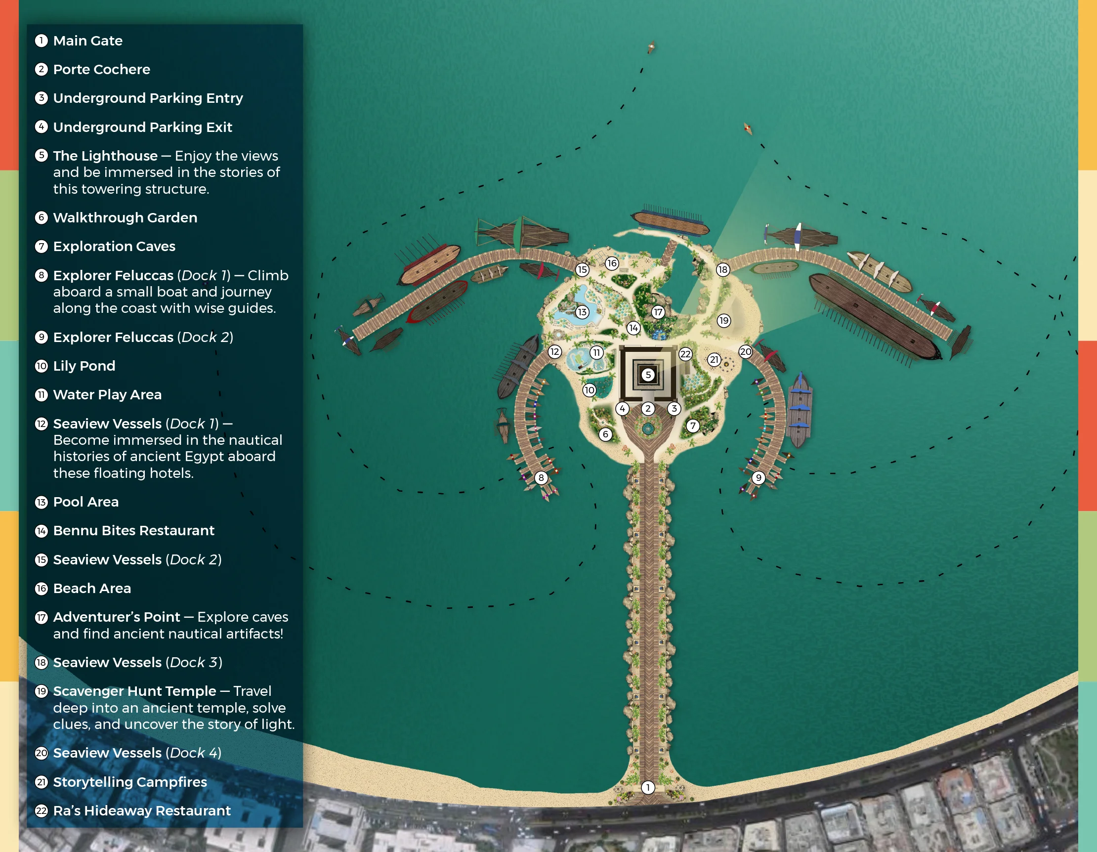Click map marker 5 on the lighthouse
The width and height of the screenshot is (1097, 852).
648,374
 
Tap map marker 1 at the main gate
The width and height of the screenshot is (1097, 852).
648,787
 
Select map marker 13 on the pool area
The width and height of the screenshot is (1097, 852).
582,312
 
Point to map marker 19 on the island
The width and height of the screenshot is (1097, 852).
723,321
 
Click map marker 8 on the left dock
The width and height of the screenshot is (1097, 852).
541,478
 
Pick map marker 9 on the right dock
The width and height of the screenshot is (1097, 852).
759,478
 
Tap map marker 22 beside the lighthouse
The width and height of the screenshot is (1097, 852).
685,354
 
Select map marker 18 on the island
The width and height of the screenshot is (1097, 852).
722,270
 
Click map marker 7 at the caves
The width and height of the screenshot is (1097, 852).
693,426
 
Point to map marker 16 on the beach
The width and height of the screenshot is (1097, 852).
611,263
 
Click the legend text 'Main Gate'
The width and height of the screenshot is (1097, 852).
88,41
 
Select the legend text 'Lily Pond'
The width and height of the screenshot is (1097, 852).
84,366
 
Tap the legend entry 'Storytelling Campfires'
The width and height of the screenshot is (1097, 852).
129,782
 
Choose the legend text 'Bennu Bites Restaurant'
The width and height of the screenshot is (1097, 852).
133,530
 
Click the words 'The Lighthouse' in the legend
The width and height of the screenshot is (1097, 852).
105,156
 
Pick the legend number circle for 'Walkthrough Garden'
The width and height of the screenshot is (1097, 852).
41,217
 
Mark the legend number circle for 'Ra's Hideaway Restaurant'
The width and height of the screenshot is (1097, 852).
41,810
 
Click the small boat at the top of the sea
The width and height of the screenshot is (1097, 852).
651,47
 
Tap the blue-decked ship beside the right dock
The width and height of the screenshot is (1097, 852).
799,409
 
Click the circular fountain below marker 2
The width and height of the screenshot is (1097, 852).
648,428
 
